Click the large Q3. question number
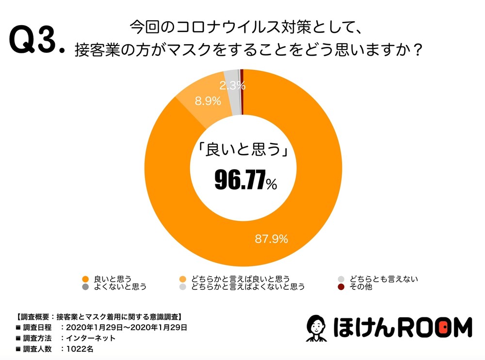pyautogui.click(x=36, y=42)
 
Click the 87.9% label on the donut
pyautogui.click(x=272, y=238)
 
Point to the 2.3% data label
pyautogui.click(x=232, y=86)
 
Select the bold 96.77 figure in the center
pyautogui.click(x=240, y=181)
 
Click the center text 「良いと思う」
pyautogui.click(x=241, y=149)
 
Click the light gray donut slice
pyautogui.click(x=233, y=78)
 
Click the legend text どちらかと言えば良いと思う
pyautogui.click(x=240, y=279)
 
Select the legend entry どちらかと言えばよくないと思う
pyautogui.click(x=248, y=286)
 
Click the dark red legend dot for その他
pyautogui.click(x=341, y=287)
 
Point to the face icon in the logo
pyautogui.click(x=317, y=328)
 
